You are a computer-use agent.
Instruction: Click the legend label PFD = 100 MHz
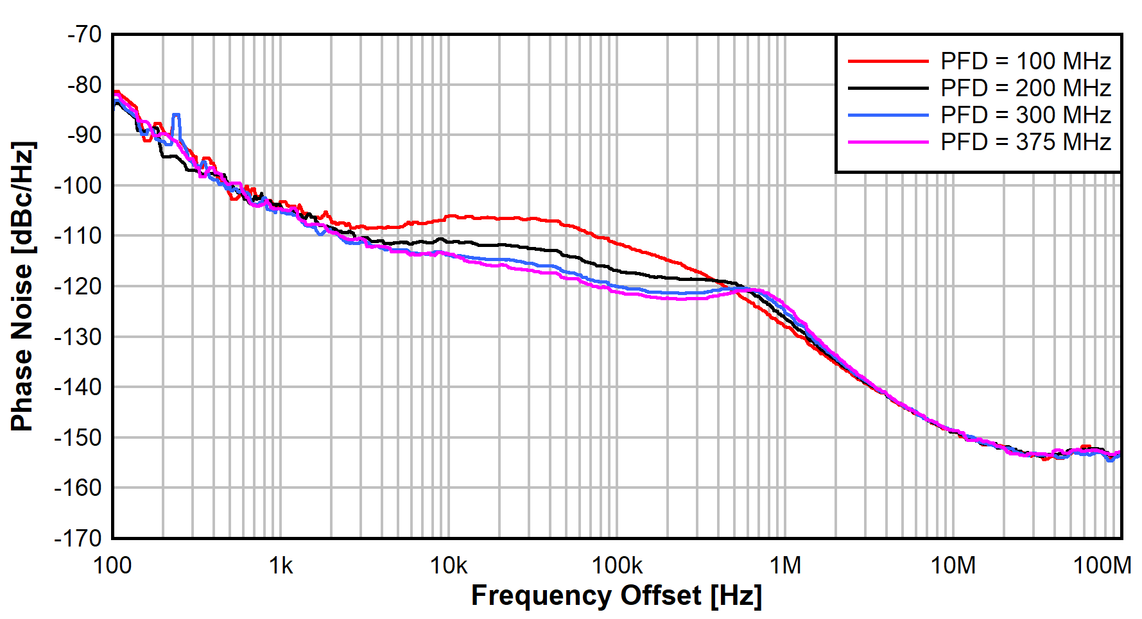[1025, 62]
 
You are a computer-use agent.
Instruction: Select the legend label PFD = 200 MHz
[1025, 88]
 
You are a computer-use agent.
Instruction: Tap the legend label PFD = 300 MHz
[1025, 115]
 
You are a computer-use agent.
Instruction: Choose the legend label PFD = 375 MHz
[1025, 142]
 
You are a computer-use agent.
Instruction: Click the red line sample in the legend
[888, 62]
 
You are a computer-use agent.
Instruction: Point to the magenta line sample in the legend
[888, 142]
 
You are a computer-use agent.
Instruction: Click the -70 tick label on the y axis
[84, 34]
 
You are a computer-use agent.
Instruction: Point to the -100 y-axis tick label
[78, 185]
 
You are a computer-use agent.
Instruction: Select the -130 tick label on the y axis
[78, 337]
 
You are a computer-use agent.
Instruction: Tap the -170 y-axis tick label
[78, 538]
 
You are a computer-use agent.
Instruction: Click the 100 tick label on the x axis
[112, 566]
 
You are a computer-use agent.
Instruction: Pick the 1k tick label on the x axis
[281, 566]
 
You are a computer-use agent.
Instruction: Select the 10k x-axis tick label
[449, 566]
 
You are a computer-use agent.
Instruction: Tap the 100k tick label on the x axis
[617, 566]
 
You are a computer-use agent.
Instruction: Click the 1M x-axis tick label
[785, 566]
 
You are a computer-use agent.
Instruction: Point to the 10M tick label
[953, 566]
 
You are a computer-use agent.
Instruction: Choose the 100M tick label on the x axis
[1102, 566]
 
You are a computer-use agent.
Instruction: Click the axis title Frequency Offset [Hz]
[616, 596]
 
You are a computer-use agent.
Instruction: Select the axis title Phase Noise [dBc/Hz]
[22, 286]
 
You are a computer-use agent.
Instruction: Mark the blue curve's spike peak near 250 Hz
[176, 115]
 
